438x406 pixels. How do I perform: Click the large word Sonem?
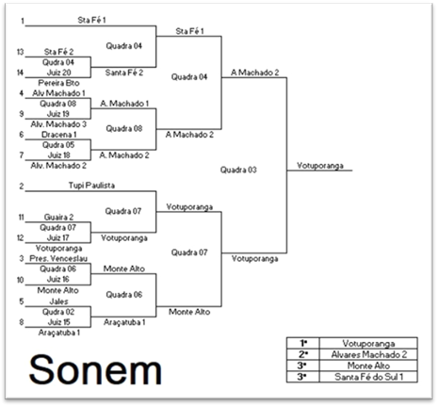coord(95,369)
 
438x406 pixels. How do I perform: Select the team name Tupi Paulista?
coord(91,186)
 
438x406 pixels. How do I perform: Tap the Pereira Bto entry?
coord(58,83)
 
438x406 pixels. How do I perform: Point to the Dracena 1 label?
coord(58,135)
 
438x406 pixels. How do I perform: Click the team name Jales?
coord(58,301)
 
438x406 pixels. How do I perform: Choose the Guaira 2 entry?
coord(58,217)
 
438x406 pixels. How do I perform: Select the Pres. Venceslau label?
coord(58,258)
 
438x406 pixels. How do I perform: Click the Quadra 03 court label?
coord(238,170)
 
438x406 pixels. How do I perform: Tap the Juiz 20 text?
coord(58,73)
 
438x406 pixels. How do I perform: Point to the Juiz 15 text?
coord(58,322)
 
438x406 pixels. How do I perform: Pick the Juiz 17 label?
coord(58,237)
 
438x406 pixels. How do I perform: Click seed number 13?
coord(20,52)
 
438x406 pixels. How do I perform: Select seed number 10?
coord(20,280)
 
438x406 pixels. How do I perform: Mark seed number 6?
coord(22,135)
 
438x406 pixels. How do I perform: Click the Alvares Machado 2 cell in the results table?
coord(368,354)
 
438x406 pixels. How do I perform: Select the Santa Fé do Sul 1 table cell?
coord(368,377)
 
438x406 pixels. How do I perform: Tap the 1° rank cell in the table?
coord(303,343)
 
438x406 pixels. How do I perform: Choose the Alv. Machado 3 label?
coord(58,124)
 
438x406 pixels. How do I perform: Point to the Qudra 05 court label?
coord(58,145)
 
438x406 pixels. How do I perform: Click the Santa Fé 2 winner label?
coord(124,73)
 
